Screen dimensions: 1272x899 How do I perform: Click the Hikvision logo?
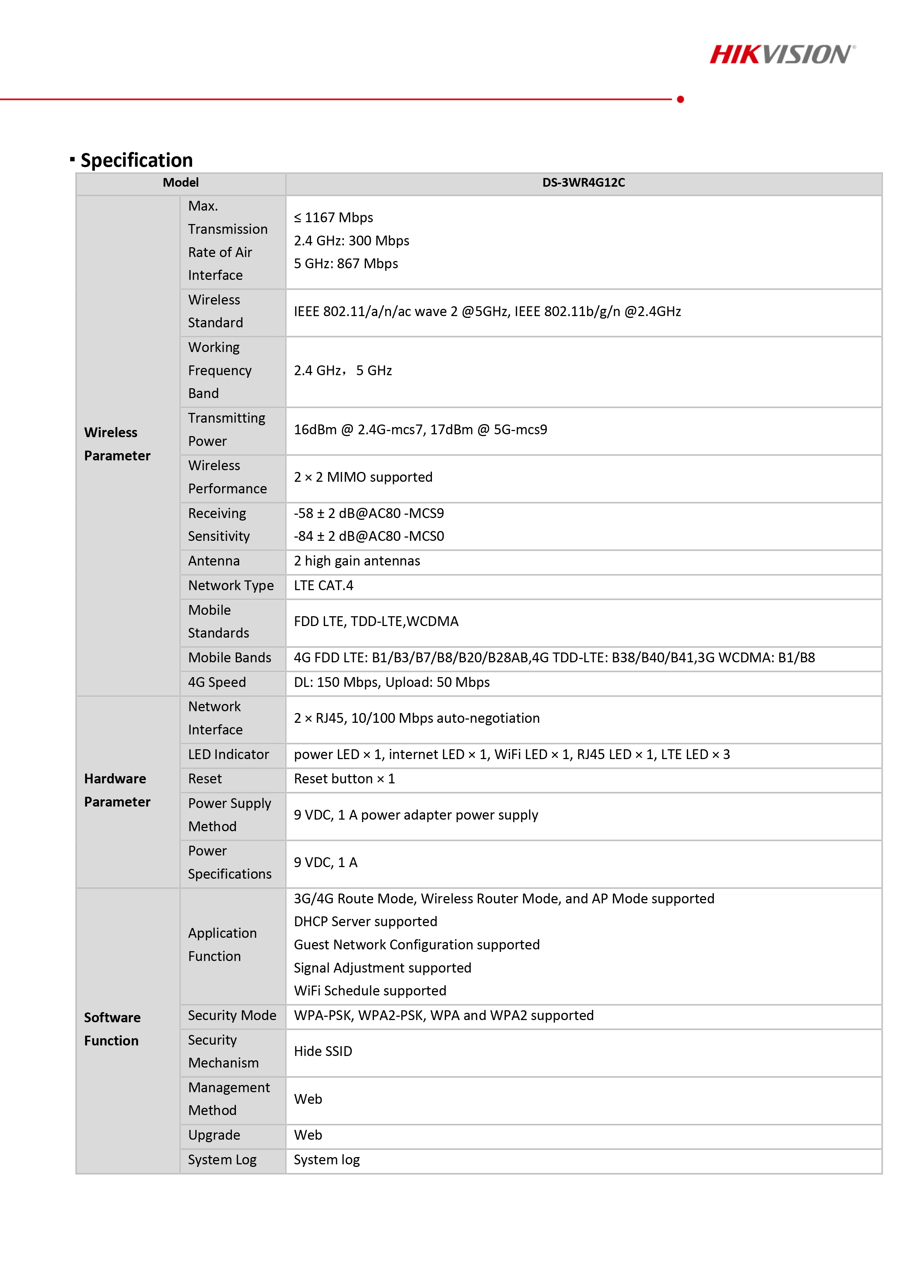coord(782,54)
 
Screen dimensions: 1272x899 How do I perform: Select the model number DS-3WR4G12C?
coord(583,183)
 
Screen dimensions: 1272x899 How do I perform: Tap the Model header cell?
coord(180,183)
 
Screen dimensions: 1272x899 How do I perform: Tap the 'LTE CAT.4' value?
coord(324,585)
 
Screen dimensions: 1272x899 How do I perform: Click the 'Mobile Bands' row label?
coord(229,658)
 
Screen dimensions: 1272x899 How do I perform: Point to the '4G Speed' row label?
coord(217,683)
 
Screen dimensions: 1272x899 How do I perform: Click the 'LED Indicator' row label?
coord(228,755)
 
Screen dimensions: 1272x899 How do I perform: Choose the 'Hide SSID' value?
coord(323,1052)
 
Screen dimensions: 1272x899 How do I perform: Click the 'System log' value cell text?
coord(327,1160)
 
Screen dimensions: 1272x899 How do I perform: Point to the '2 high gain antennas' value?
coord(357,561)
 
